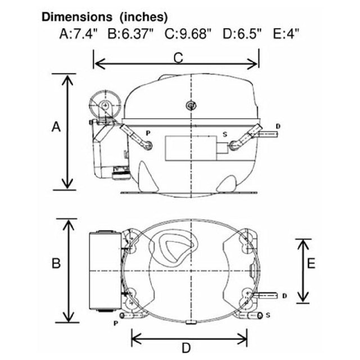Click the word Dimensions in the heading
click(x=77, y=17)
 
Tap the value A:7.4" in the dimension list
click(x=79, y=34)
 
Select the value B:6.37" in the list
click(x=130, y=34)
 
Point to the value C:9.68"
click(x=187, y=34)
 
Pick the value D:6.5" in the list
click(x=242, y=34)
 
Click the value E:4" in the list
click(x=286, y=34)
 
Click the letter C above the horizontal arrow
click(x=178, y=57)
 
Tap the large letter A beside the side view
click(x=56, y=127)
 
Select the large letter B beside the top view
click(x=56, y=263)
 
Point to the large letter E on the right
click(x=311, y=263)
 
